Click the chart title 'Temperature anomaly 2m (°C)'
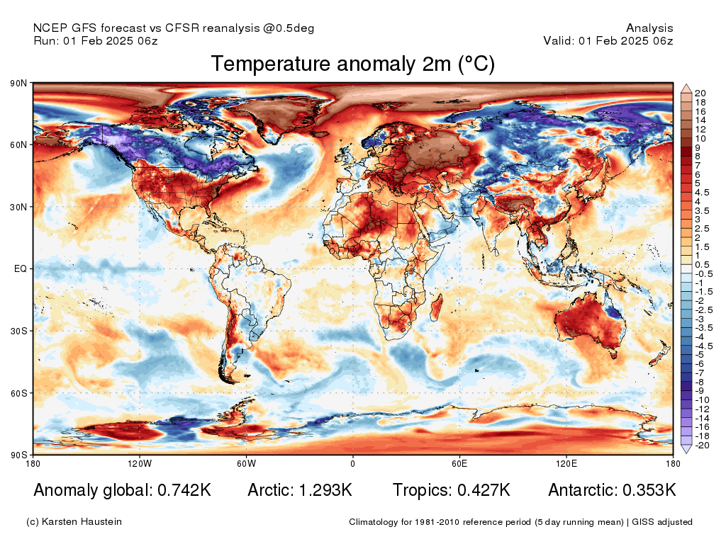click(x=352, y=64)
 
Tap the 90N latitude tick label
click(x=18, y=84)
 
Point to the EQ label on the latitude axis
click(x=21, y=269)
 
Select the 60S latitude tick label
click(x=18, y=393)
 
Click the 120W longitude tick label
click(x=140, y=464)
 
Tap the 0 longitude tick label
click(x=352, y=464)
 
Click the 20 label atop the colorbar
click(x=700, y=93)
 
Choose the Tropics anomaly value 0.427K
click(x=481, y=490)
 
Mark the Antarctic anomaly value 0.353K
click(x=648, y=490)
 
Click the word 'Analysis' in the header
click(x=649, y=28)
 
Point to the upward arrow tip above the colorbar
click(x=686, y=86)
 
